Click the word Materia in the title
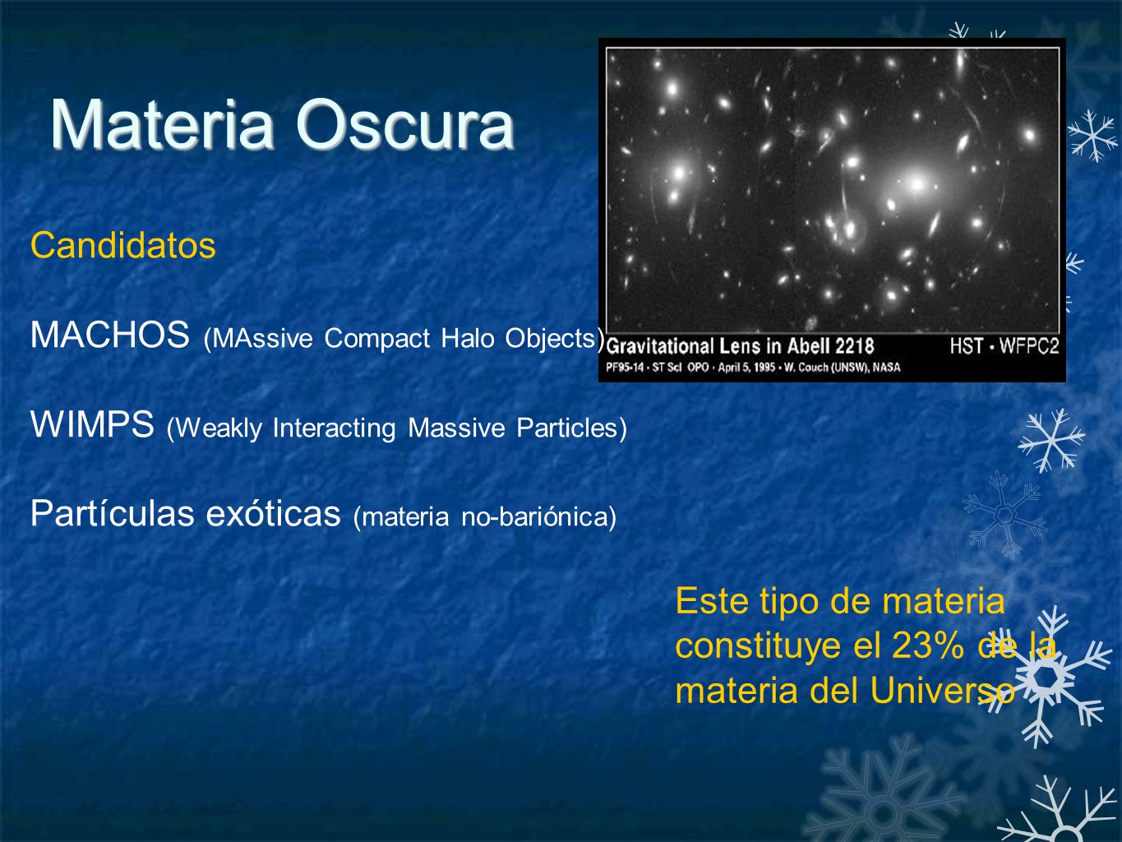tap(163, 124)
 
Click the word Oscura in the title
tap(405, 124)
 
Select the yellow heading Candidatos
tap(123, 245)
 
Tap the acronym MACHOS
tap(110, 335)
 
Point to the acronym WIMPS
tap(92, 424)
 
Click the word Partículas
tap(113, 513)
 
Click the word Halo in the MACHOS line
tap(468, 338)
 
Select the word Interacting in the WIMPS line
tap(334, 428)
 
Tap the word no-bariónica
tap(538, 516)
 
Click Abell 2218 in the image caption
tap(831, 346)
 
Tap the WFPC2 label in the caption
tap(1029, 346)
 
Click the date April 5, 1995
tap(747, 367)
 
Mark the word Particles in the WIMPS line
tap(571, 428)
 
